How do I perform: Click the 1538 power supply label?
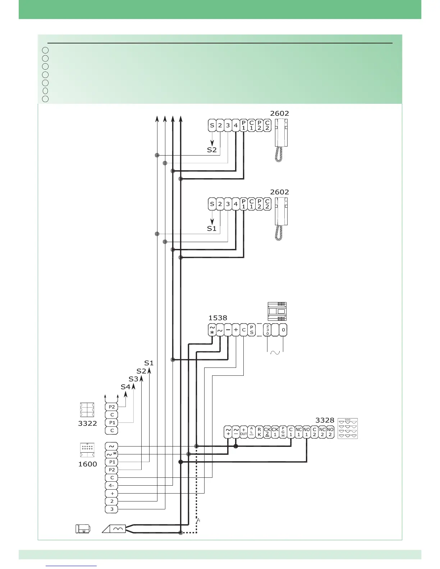217,318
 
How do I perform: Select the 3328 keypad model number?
325,420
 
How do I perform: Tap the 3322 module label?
87,423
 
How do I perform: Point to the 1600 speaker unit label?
87,464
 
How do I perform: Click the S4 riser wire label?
125,387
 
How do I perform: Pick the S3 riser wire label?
133,379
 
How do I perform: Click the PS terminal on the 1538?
252,330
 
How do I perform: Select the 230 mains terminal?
267,330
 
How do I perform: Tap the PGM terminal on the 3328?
283,432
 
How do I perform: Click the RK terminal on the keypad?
260,432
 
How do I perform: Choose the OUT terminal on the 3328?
243,432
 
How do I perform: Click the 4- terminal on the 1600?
112,486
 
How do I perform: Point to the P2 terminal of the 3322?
112,407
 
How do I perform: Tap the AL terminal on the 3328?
252,432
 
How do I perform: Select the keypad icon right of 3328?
348,429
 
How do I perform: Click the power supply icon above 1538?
277,311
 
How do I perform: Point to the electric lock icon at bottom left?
83,529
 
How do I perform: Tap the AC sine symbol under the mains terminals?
275,352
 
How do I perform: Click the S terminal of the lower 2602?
212,204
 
